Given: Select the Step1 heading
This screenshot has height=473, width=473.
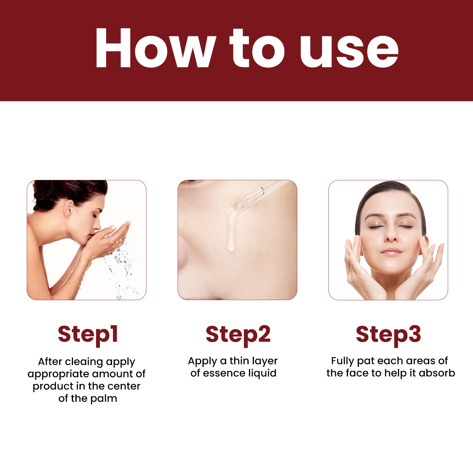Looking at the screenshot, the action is coord(88,335).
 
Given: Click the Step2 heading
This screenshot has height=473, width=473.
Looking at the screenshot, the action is coord(238,335).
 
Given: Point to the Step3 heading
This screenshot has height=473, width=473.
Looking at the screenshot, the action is coord(388,335).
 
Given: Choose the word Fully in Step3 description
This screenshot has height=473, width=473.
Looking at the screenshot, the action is coord(343,361).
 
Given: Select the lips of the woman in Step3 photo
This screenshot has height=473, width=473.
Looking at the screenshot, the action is coord(391,251).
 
